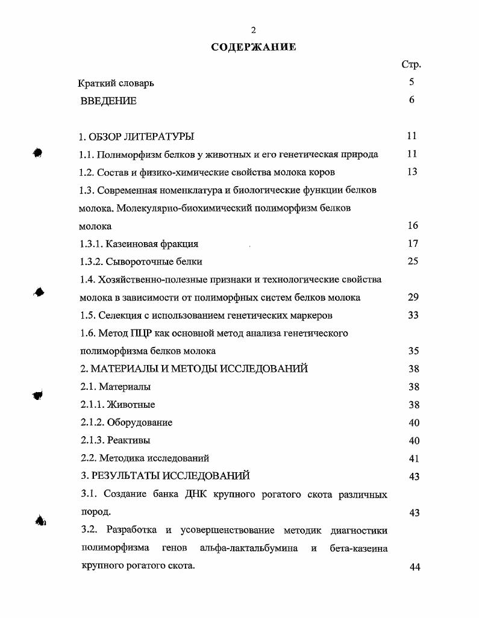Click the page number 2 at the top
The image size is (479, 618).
tap(254, 30)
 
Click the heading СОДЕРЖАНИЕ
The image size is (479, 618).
tap(254, 48)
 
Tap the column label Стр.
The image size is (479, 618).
tap(411, 64)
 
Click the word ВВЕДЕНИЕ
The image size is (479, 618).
tap(108, 101)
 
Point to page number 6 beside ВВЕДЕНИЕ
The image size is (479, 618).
tap(412, 101)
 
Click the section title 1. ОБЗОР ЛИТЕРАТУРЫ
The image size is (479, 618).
tap(137, 136)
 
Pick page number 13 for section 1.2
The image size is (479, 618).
tap(412, 172)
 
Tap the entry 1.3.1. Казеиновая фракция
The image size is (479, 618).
tap(139, 244)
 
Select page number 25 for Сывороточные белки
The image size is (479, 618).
tap(412, 261)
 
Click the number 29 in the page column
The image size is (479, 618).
tap(413, 298)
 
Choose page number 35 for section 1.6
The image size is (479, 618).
tap(413, 351)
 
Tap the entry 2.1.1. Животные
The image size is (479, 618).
tap(117, 405)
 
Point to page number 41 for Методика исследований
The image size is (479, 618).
tap(413, 459)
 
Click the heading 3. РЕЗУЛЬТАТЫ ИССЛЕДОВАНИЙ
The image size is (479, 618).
tap(165, 476)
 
